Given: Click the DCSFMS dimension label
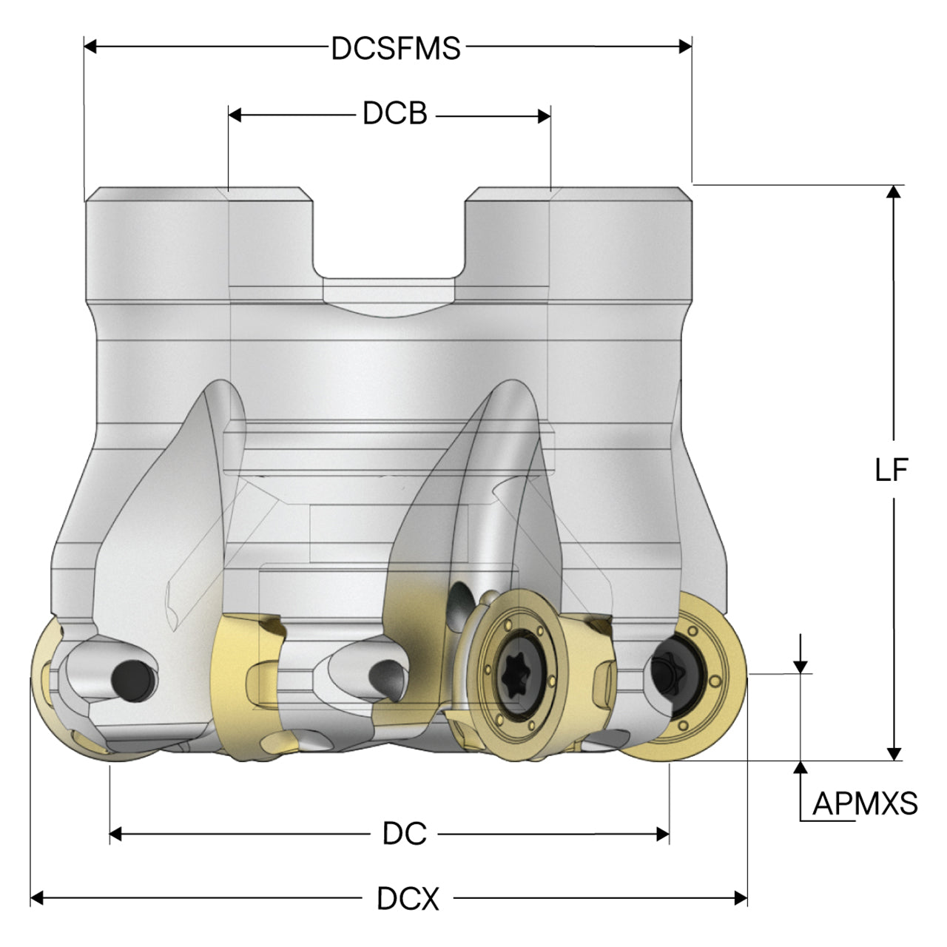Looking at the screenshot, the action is coord(396,48).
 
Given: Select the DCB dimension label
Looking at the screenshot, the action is coord(395,113).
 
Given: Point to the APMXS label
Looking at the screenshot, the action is coord(866,803).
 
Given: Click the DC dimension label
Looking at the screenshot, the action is coord(405,834).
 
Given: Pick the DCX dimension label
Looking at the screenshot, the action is coord(408,899).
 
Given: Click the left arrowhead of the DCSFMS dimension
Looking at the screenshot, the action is coord(90,47).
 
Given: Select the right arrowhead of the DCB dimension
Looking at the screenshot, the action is coord(544,116).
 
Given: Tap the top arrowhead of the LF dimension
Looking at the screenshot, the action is coord(894,192).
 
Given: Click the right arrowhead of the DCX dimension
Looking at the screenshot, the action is coord(741,898).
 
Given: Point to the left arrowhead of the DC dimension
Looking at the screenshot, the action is coord(115,834).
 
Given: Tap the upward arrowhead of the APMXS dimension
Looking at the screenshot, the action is coord(801,768).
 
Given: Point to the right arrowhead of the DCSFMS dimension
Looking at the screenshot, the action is coord(686,47).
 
